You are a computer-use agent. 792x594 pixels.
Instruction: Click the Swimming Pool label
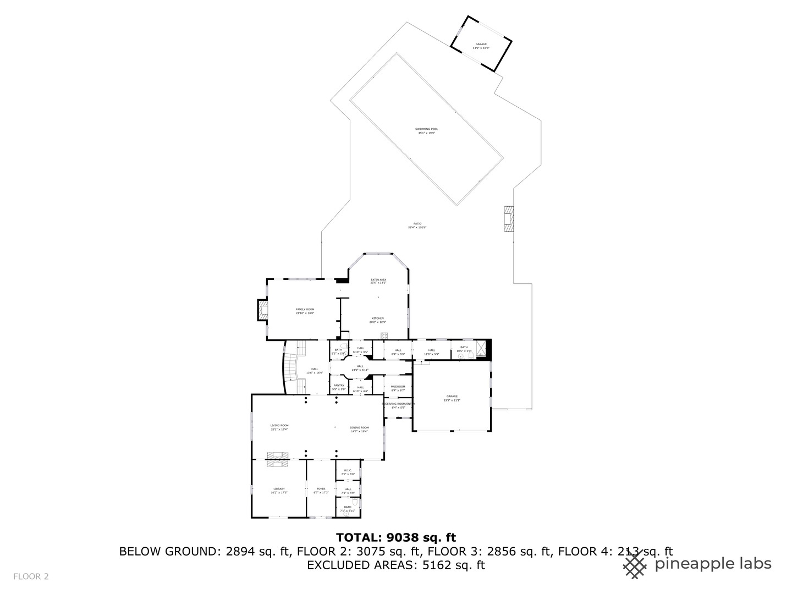(x=426, y=131)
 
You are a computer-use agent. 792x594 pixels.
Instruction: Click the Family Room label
(x=305, y=311)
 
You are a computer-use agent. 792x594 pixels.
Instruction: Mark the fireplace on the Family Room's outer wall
(x=262, y=310)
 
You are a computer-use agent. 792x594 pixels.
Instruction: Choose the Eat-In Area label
(x=378, y=281)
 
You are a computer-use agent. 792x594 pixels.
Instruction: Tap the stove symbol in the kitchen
(x=384, y=335)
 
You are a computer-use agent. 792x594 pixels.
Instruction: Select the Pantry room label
(x=339, y=387)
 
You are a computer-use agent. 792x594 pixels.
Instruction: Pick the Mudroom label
(x=398, y=388)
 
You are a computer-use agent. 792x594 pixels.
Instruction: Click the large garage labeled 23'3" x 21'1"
(x=452, y=398)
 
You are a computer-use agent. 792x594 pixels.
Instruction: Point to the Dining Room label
(x=359, y=429)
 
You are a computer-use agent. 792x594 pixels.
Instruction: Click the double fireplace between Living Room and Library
(x=277, y=459)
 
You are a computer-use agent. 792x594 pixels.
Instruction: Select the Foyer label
(x=321, y=490)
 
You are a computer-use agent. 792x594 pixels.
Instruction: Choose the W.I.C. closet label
(x=348, y=472)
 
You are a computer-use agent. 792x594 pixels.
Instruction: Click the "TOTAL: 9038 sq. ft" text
(x=395, y=537)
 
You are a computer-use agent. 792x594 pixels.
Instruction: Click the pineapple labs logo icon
(x=635, y=565)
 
